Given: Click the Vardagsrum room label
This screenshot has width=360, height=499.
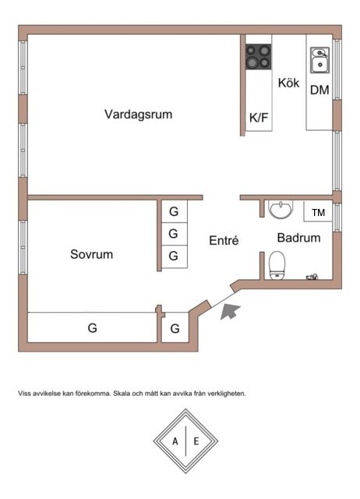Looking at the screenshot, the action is [x=139, y=115].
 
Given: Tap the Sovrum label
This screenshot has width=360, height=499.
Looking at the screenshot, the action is [x=92, y=254].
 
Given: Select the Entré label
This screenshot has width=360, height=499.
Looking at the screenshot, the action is [x=224, y=240].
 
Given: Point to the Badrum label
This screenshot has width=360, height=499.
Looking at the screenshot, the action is [x=298, y=238].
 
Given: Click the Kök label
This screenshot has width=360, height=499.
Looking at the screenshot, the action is [x=289, y=83].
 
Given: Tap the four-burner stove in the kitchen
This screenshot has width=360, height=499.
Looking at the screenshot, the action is [x=258, y=57].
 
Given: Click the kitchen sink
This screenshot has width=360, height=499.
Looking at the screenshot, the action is [x=320, y=60].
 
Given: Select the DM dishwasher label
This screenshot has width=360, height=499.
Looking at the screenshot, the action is [x=319, y=90].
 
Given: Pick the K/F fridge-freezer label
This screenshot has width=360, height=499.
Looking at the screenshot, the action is [x=259, y=118].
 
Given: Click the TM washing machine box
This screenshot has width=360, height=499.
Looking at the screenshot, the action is [x=318, y=211].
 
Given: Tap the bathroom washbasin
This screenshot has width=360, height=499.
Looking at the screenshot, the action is [x=281, y=210].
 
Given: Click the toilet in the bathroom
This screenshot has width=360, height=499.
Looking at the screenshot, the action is [x=277, y=266].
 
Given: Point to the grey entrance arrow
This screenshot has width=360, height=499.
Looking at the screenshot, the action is [x=230, y=310].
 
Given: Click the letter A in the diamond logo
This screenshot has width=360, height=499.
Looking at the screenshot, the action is [x=175, y=441].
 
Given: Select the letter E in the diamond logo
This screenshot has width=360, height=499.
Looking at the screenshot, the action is [x=196, y=441].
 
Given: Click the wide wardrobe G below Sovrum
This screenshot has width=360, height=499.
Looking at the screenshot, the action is [x=92, y=327].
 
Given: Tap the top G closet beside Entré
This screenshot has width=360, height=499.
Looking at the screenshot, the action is [x=175, y=211].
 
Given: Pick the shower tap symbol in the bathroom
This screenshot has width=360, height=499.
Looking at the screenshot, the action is [x=312, y=277].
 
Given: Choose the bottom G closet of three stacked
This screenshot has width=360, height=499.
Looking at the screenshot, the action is [x=175, y=257].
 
